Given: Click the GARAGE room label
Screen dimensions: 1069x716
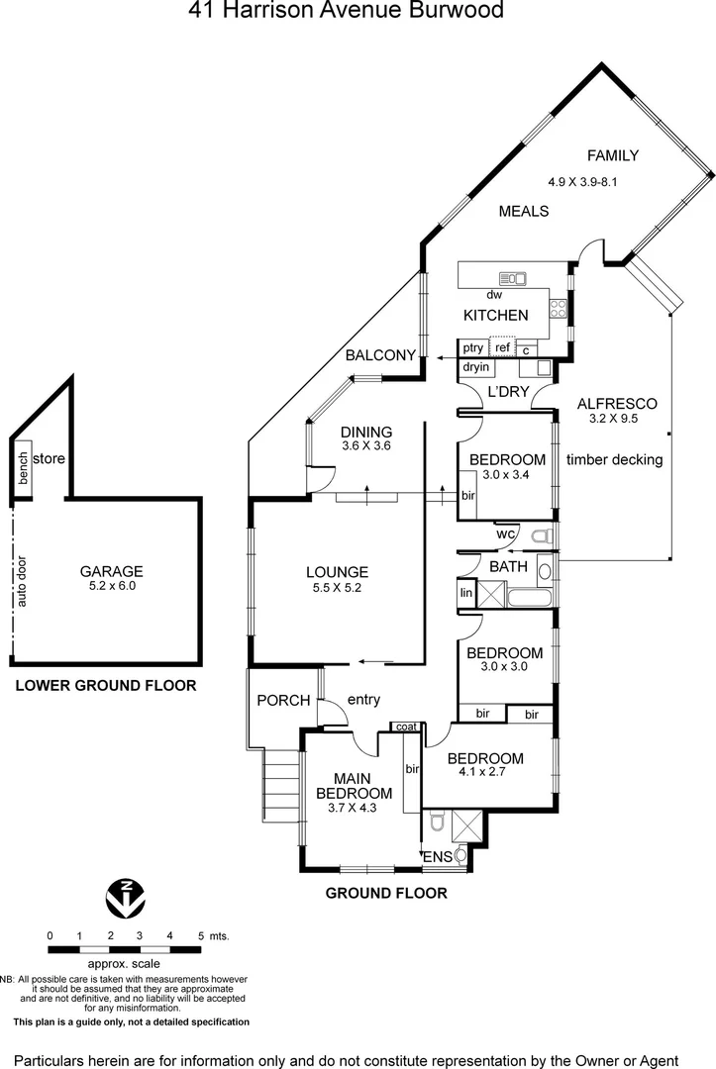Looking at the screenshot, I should [x=112, y=571].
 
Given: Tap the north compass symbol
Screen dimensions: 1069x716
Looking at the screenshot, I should [x=125, y=897].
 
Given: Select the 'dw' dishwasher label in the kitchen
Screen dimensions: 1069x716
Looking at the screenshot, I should [x=494, y=294].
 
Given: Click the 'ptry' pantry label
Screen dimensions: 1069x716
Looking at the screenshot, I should [x=473, y=347].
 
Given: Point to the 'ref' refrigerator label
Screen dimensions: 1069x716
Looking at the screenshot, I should [x=503, y=347].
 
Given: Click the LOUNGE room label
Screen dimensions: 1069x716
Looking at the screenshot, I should [x=337, y=572].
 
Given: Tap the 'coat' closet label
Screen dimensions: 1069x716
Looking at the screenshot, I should [x=406, y=727].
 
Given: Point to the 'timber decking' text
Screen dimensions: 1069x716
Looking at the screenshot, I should [x=614, y=459].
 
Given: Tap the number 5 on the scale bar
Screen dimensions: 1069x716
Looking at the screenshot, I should [x=201, y=935].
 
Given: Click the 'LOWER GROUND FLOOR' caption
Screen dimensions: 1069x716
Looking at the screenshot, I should [x=106, y=685].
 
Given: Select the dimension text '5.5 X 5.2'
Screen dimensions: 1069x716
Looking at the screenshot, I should [x=337, y=589].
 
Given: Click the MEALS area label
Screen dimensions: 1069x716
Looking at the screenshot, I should [x=524, y=211].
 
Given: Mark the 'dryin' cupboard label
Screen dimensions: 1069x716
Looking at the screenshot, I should [x=476, y=367].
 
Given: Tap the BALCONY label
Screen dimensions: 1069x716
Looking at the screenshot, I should [x=380, y=356].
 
